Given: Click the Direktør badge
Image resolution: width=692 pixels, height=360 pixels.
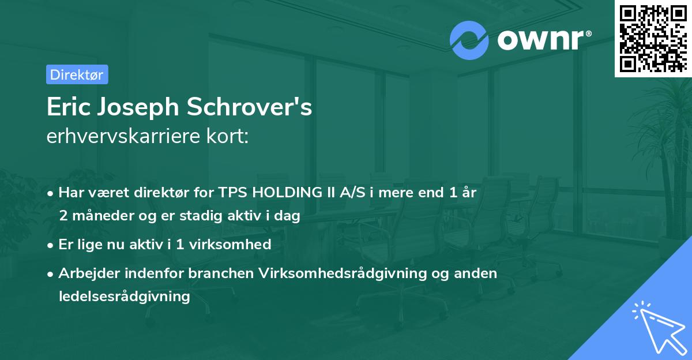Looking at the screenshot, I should (77, 74).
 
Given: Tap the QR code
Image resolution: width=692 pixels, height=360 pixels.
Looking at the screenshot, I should (652, 38).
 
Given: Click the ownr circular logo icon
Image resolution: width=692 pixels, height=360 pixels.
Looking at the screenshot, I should (469, 40).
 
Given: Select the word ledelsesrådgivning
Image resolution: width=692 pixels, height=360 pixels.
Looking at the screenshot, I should (124, 297).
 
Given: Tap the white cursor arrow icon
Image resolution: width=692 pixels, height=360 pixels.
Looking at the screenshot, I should (656, 327).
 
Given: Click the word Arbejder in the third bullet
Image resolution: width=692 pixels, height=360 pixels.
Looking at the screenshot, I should (85, 273).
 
